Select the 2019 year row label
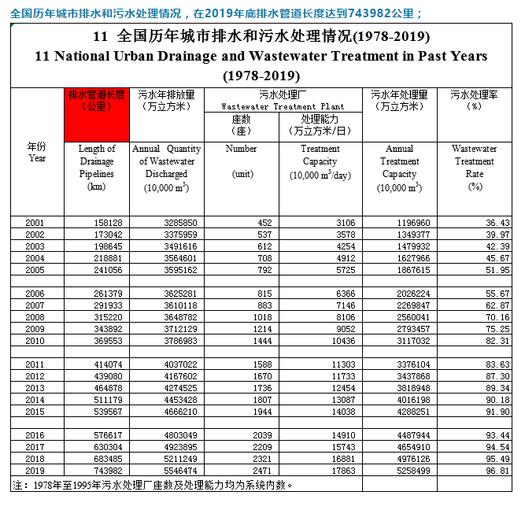point(35,470)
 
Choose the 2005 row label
point(35,270)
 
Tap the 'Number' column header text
point(241,149)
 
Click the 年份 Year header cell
point(37,152)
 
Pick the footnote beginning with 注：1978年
point(153,484)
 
